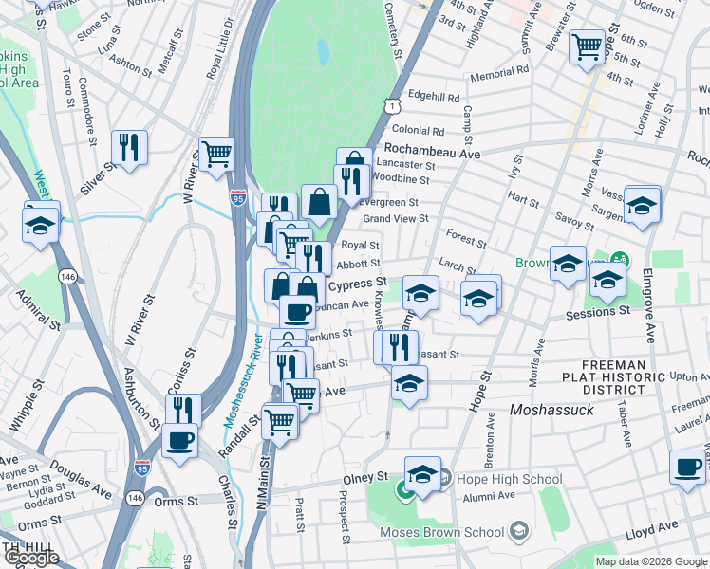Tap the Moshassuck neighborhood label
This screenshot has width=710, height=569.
click(x=551, y=410)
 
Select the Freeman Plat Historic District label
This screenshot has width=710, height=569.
click(x=615, y=376)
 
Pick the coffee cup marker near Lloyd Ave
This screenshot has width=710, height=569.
click(x=688, y=468)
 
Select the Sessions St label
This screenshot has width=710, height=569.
click(x=597, y=313)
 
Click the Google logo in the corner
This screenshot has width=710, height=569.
click(x=30, y=558)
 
